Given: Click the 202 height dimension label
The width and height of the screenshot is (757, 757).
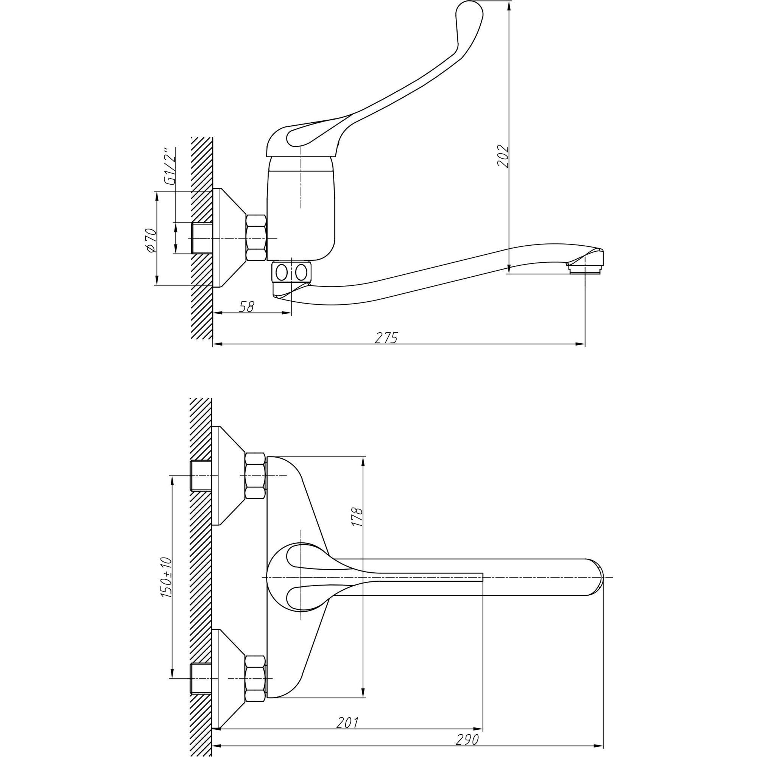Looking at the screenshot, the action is pyautogui.click(x=503, y=156).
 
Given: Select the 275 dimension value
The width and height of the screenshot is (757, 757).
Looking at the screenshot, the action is pyautogui.click(x=386, y=338).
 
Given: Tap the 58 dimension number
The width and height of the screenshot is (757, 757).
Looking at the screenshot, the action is pyautogui.click(x=246, y=307).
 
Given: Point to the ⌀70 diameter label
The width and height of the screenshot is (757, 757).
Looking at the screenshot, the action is pyautogui.click(x=151, y=240).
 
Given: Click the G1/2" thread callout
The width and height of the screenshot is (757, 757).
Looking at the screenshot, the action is pyautogui.click(x=170, y=166).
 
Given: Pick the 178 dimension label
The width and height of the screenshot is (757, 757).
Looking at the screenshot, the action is pyautogui.click(x=357, y=516).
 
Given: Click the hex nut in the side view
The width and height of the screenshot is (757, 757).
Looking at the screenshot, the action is pyautogui.click(x=256, y=238).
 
